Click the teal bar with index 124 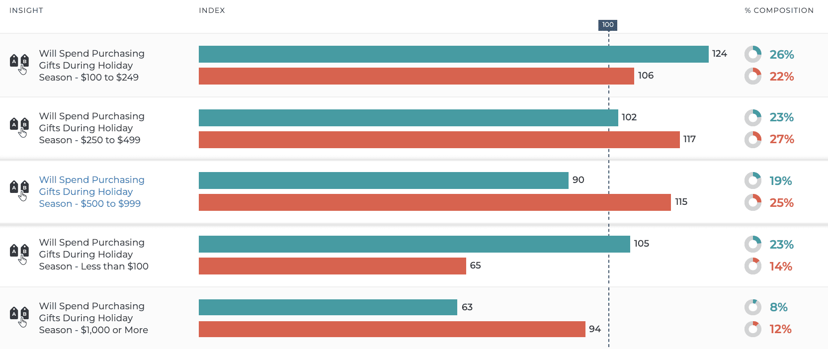(453, 54)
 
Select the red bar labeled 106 (416, 76)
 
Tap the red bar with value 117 (439, 140)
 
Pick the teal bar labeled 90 (383, 180)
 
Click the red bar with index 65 (332, 266)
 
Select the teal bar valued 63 (328, 307)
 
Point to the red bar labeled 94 (392, 329)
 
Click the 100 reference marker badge (607, 25)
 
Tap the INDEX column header (212, 10)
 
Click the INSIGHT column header (26, 10)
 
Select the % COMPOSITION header (779, 10)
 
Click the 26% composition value (781, 55)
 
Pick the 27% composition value (781, 139)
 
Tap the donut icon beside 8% (752, 307)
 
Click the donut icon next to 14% (752, 266)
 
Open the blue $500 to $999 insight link (91, 191)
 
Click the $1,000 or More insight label (93, 318)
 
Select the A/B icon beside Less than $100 (19, 254)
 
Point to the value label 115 (681, 202)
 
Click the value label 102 (629, 117)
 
